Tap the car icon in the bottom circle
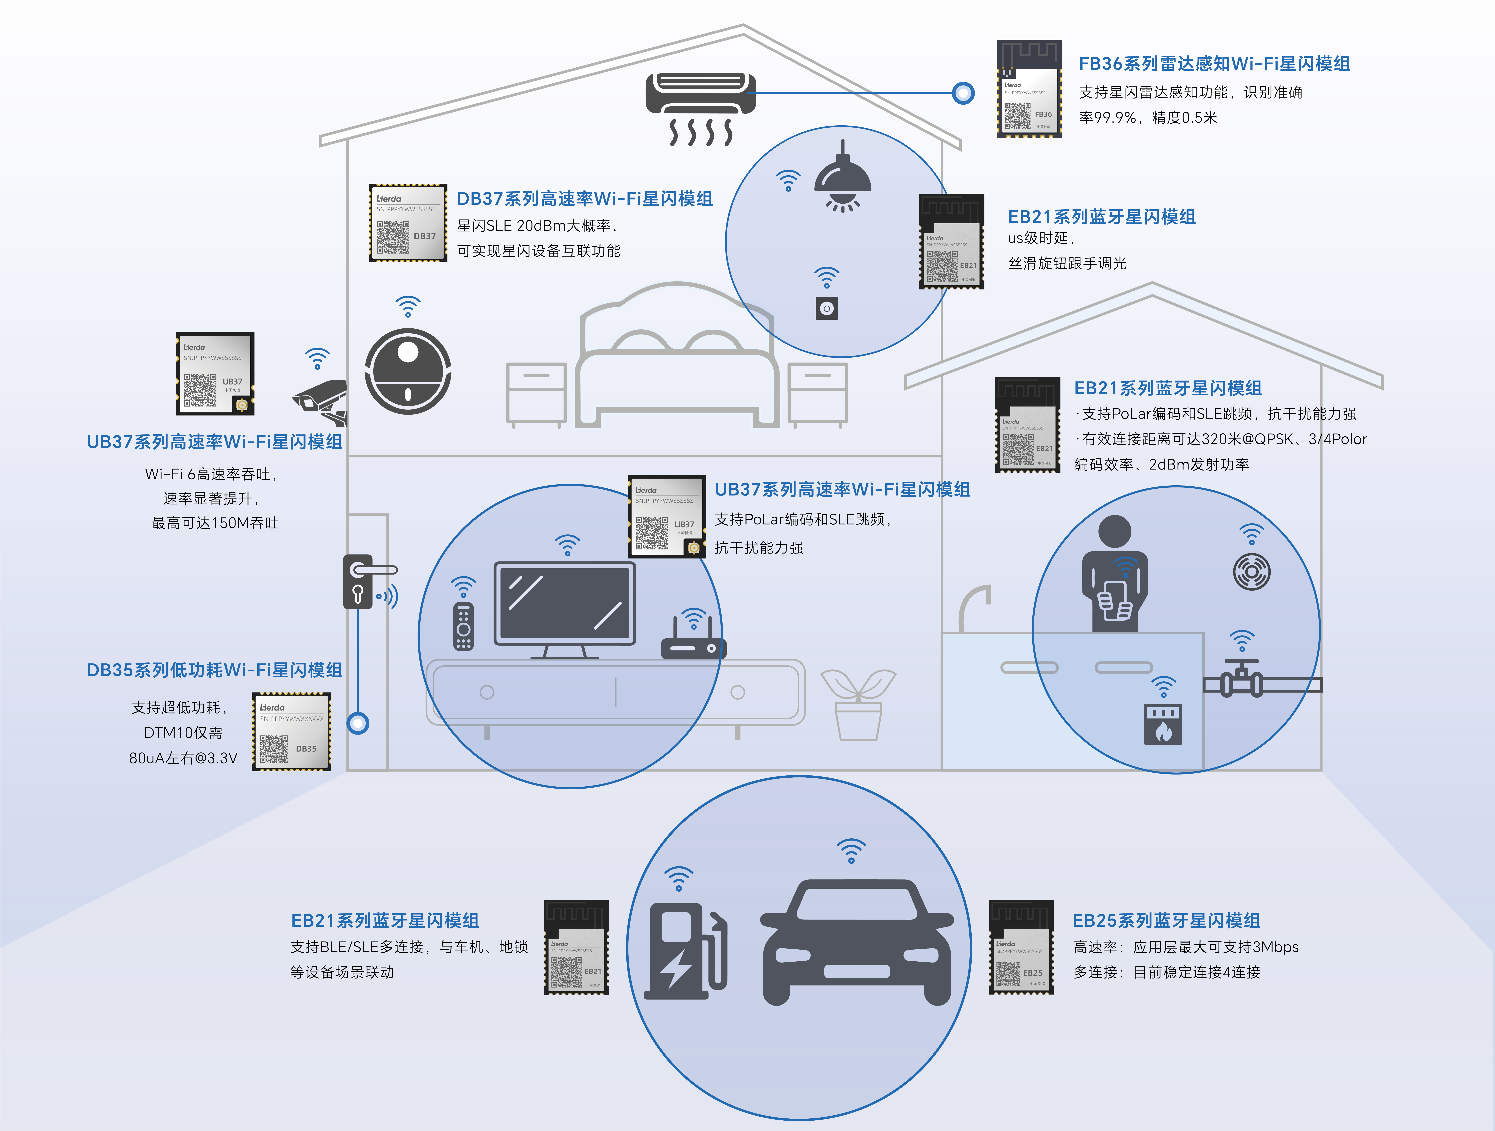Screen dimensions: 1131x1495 click(857, 939)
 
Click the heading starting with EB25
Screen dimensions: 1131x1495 click(1166, 920)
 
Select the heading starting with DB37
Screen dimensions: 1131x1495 click(585, 199)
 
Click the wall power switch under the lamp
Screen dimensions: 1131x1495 click(826, 309)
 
